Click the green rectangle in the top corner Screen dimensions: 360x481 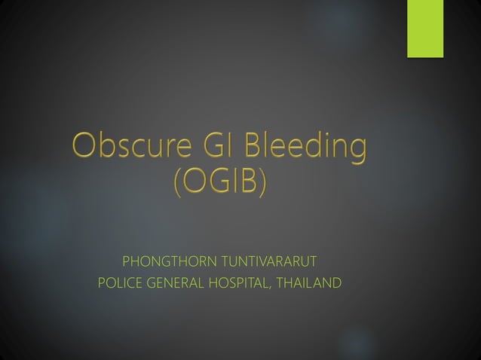coord(425,28)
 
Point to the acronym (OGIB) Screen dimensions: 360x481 coord(219,182)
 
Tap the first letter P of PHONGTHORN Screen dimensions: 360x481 coord(126,262)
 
